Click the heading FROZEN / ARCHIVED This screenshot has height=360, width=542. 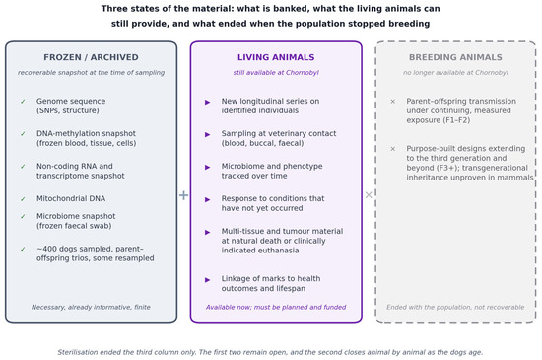(91, 57)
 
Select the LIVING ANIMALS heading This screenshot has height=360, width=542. (276, 57)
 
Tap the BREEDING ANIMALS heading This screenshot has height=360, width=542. (455, 57)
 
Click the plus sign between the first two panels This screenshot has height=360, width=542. (183, 195)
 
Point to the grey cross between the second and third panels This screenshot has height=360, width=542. (369, 195)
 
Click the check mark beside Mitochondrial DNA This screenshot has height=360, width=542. (23, 199)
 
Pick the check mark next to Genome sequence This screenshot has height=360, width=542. (23, 102)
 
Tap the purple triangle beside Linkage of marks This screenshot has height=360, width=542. (207, 280)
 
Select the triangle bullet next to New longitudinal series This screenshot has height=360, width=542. (207, 102)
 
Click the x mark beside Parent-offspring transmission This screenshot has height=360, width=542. (392, 102)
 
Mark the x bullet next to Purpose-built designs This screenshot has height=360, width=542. (392, 149)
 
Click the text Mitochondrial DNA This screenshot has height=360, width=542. (71, 198)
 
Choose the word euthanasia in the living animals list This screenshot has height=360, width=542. (279, 251)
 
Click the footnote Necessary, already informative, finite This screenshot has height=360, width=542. (91, 307)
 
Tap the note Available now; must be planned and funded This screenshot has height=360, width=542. (276, 307)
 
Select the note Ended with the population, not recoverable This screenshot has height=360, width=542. (455, 307)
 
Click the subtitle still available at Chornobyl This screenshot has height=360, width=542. (276, 73)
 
